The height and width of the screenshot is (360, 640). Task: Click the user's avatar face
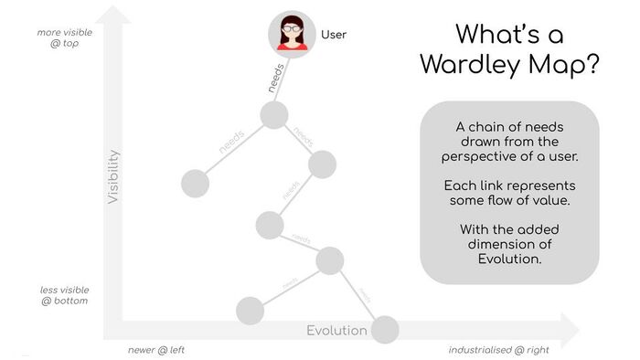click(292, 33)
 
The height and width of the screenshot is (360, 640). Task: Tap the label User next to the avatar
click(334, 36)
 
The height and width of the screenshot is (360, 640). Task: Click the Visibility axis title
click(114, 175)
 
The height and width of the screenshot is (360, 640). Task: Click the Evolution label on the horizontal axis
click(336, 331)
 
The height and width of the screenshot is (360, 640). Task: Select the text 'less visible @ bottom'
click(64, 295)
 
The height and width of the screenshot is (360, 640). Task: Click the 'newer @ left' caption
click(156, 350)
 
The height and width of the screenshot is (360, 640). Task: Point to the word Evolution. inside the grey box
click(509, 259)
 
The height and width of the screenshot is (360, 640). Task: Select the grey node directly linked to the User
click(274, 115)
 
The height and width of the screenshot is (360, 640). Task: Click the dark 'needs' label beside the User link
click(276, 78)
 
